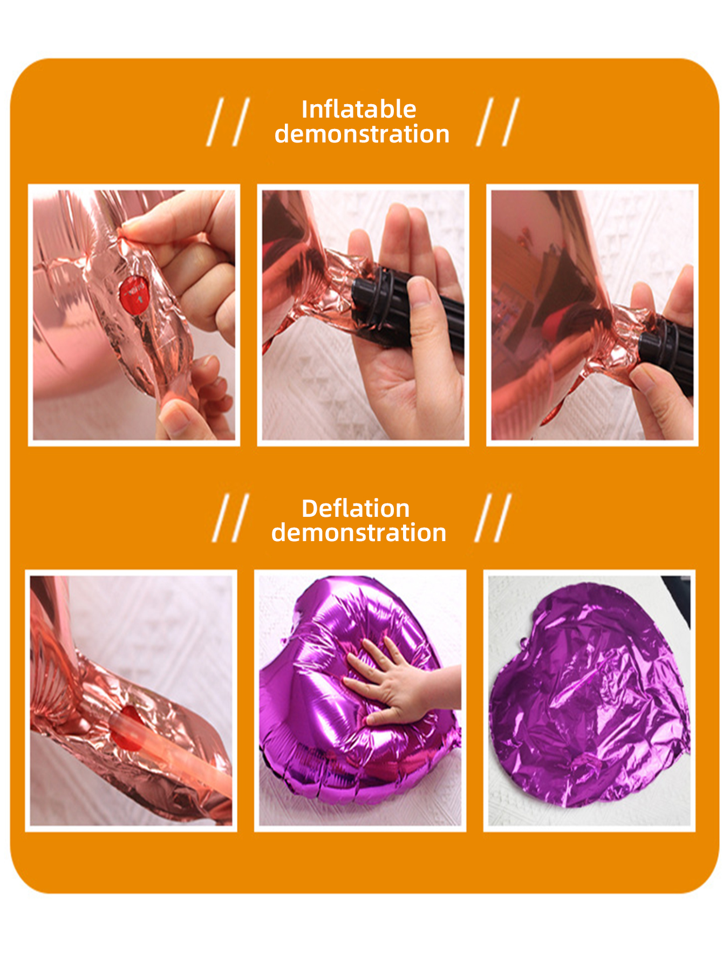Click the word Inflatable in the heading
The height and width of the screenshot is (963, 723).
(359, 110)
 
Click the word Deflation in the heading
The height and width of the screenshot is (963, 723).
(356, 508)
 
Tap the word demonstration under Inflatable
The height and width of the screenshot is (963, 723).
(361, 134)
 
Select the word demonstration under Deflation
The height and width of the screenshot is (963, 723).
(359, 532)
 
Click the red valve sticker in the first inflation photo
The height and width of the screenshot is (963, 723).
(134, 295)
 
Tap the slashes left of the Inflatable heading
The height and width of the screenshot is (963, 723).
(228, 122)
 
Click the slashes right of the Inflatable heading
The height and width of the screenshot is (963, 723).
(497, 122)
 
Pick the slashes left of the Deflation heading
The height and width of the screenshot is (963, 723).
(231, 518)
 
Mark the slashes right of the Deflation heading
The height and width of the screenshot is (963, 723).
(493, 518)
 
